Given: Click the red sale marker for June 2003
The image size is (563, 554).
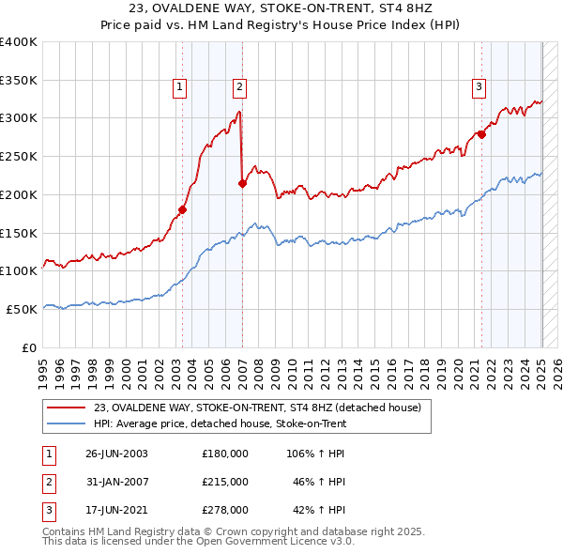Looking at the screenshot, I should coord(182,209).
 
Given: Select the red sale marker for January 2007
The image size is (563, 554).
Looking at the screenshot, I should coord(242,183).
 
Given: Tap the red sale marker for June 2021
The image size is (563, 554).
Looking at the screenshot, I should coord(481,134).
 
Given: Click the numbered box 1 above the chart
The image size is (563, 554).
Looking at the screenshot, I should coord(179,87).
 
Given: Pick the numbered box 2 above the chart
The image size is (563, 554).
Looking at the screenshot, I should coord(239,87).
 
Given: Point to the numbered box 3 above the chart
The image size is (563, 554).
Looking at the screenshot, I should coord(479,87).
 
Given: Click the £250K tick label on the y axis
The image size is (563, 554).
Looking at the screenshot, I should coord(19,157).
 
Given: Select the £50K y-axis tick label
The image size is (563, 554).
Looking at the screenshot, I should coord(22,309).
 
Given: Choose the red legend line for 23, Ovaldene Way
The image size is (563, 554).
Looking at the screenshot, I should coord(67,408).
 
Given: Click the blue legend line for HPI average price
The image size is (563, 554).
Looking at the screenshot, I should coord(67,423).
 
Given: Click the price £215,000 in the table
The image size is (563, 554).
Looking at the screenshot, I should coord(224,482).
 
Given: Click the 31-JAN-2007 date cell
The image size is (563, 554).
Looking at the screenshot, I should coord(116,482).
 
